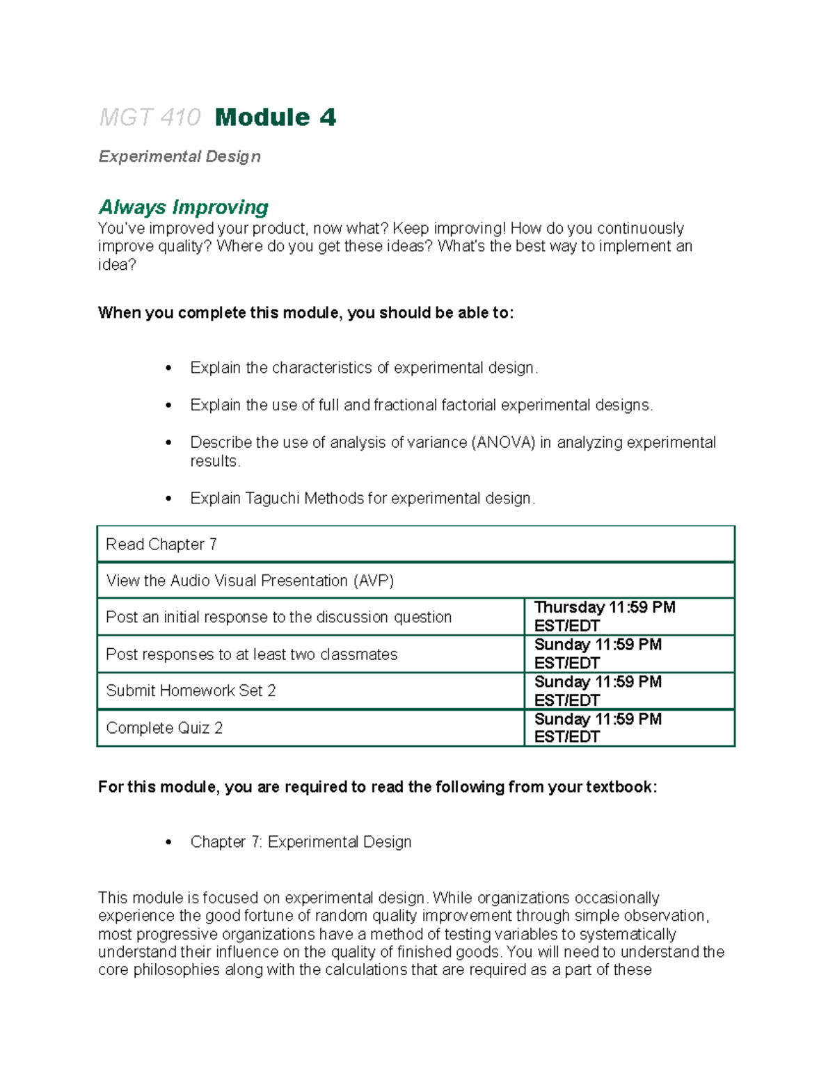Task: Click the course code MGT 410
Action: [x=150, y=118]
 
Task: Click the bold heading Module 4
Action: [x=276, y=118]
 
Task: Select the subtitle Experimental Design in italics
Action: [x=180, y=156]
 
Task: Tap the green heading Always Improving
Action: [x=183, y=207]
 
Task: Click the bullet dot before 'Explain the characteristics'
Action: [x=168, y=368]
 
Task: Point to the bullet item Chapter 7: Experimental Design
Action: [x=301, y=841]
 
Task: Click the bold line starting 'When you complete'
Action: [x=305, y=313]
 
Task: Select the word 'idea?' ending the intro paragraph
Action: [x=117, y=264]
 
